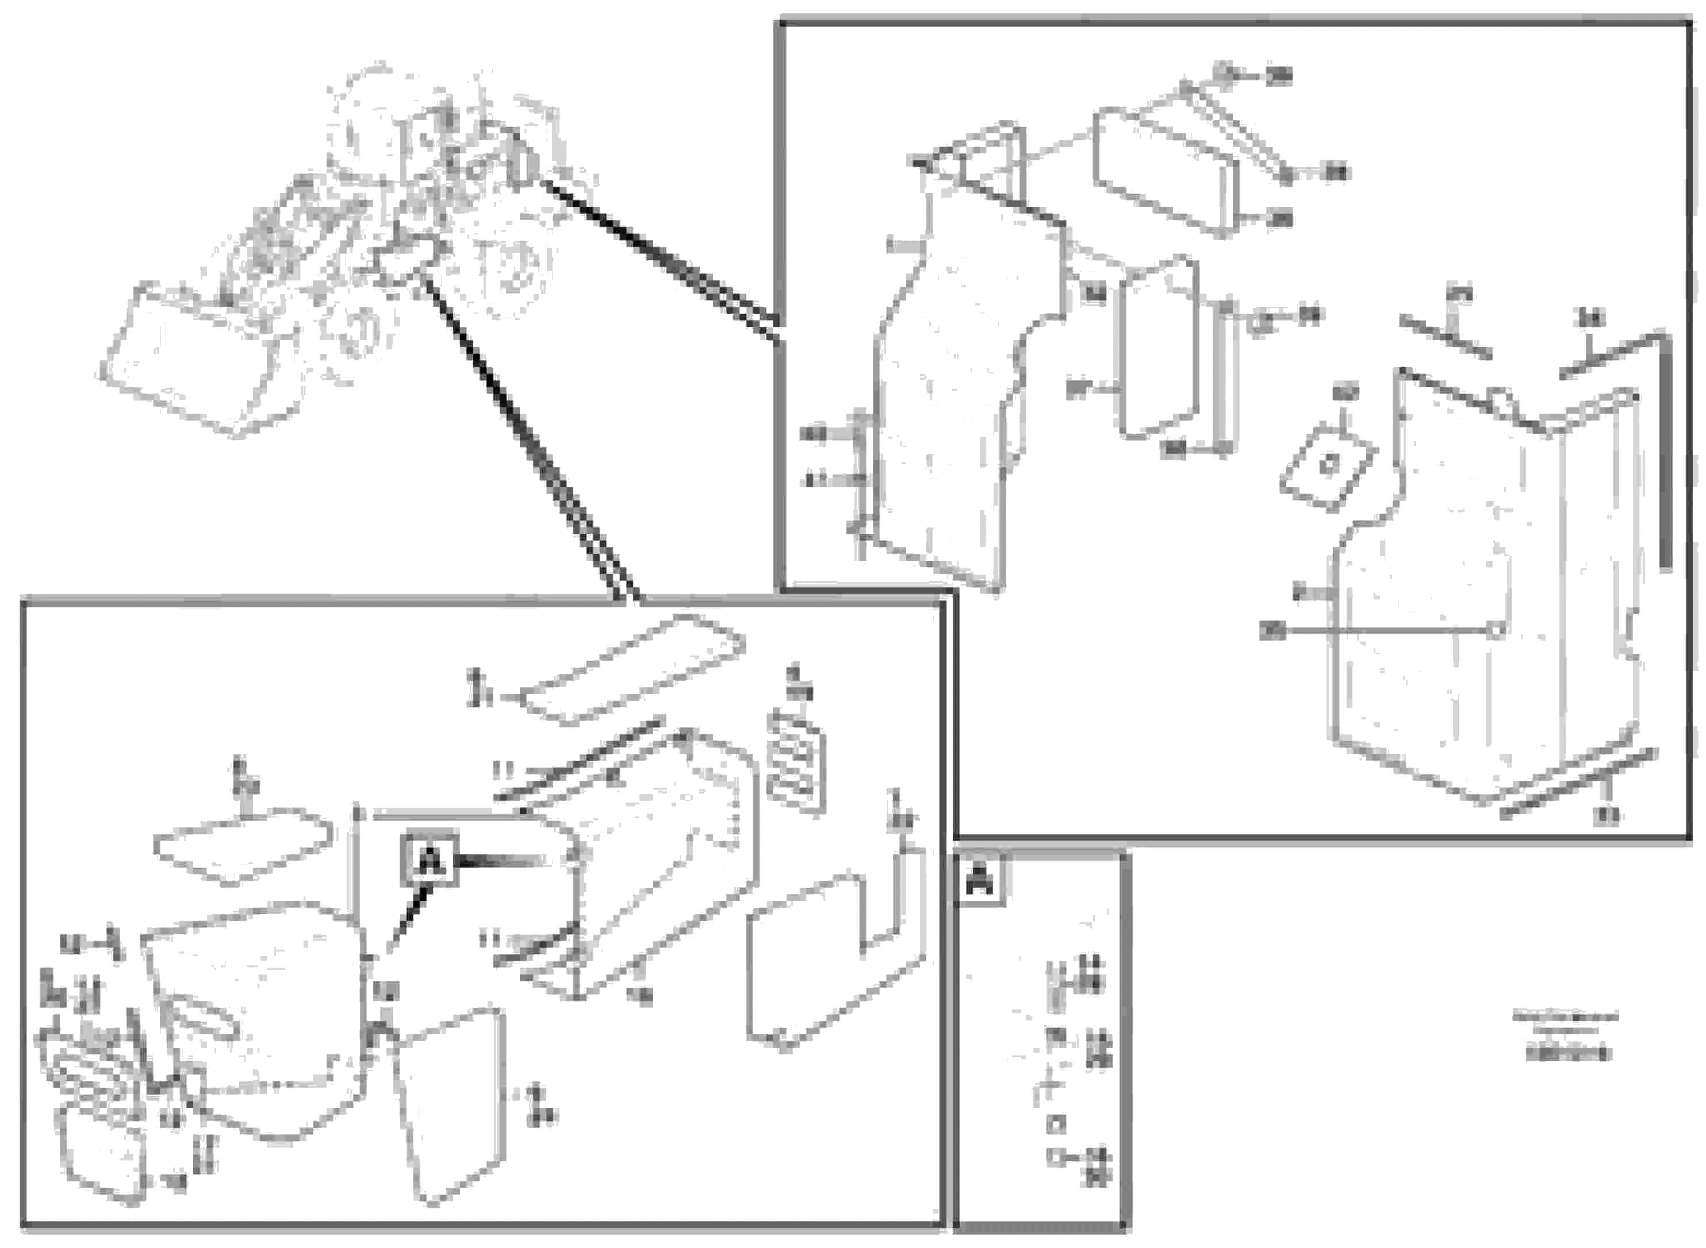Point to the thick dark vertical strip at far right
click(x=1665, y=453)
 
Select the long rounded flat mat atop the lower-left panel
click(x=634, y=669)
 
